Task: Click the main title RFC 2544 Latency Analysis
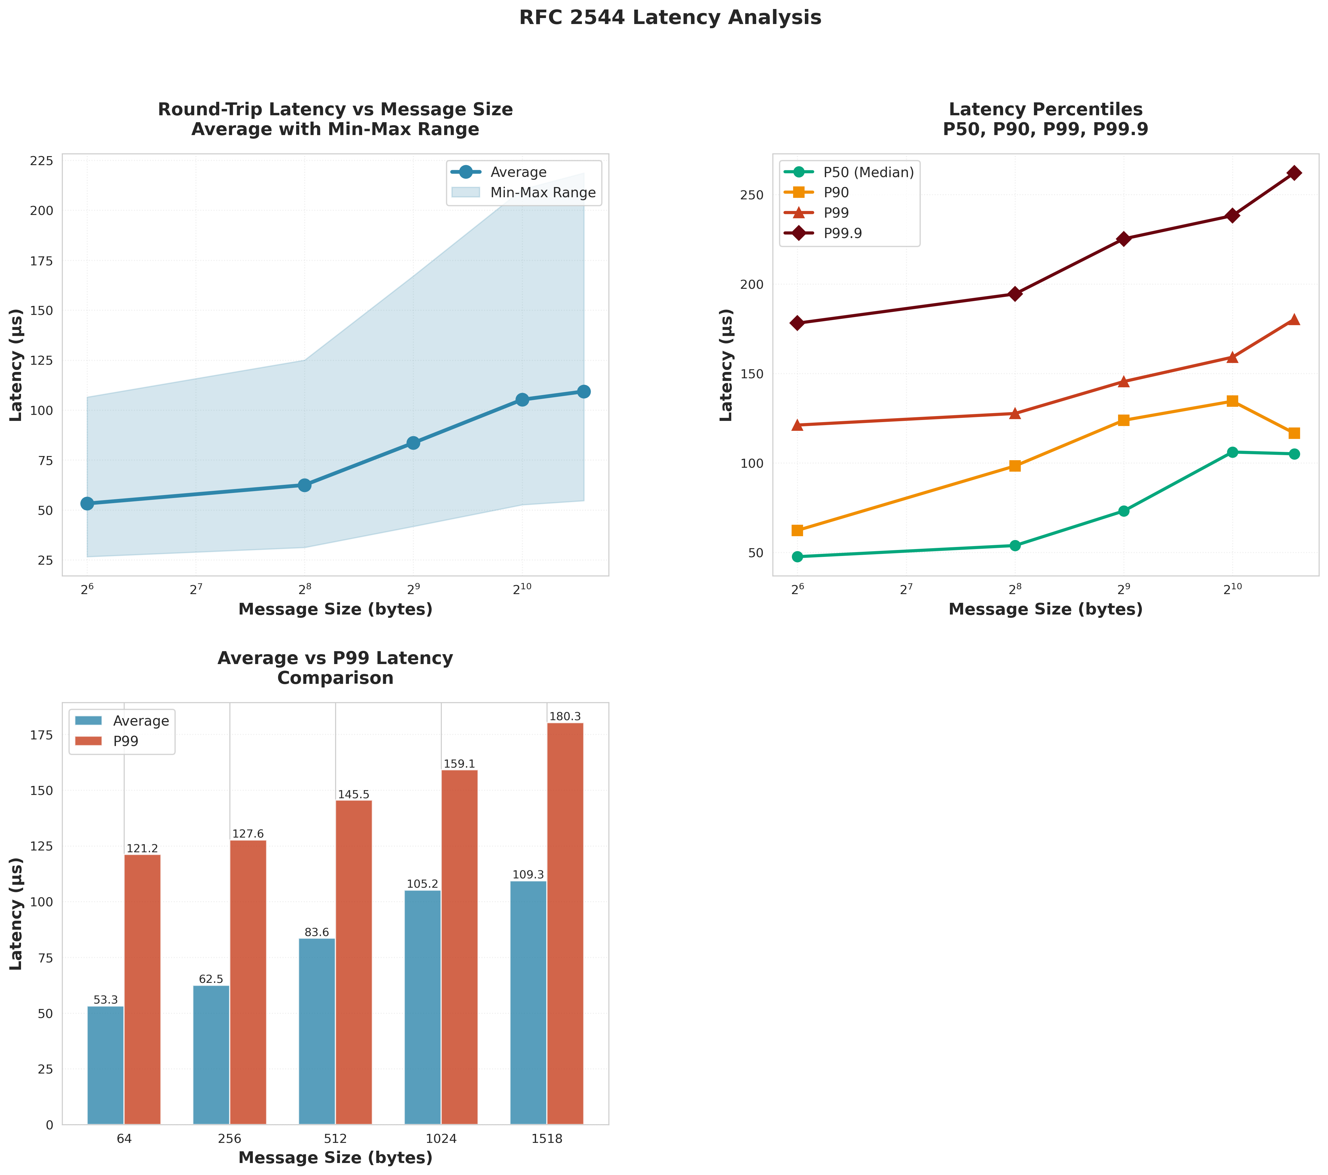pos(670,17)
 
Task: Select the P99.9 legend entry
pos(842,233)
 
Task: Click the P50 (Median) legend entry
pos(868,172)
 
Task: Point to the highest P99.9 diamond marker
pos(1293,173)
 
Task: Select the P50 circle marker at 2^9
pos(1123,511)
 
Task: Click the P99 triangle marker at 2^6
pos(797,425)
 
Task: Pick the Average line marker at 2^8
pos(304,485)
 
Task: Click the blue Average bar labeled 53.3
pos(105,1065)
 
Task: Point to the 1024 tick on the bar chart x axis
pos(441,1139)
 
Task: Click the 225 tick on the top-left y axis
pos(41,161)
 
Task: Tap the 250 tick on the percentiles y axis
pos(752,195)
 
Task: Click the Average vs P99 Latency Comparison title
pos(335,668)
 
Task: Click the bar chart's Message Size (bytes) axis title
pos(335,1158)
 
